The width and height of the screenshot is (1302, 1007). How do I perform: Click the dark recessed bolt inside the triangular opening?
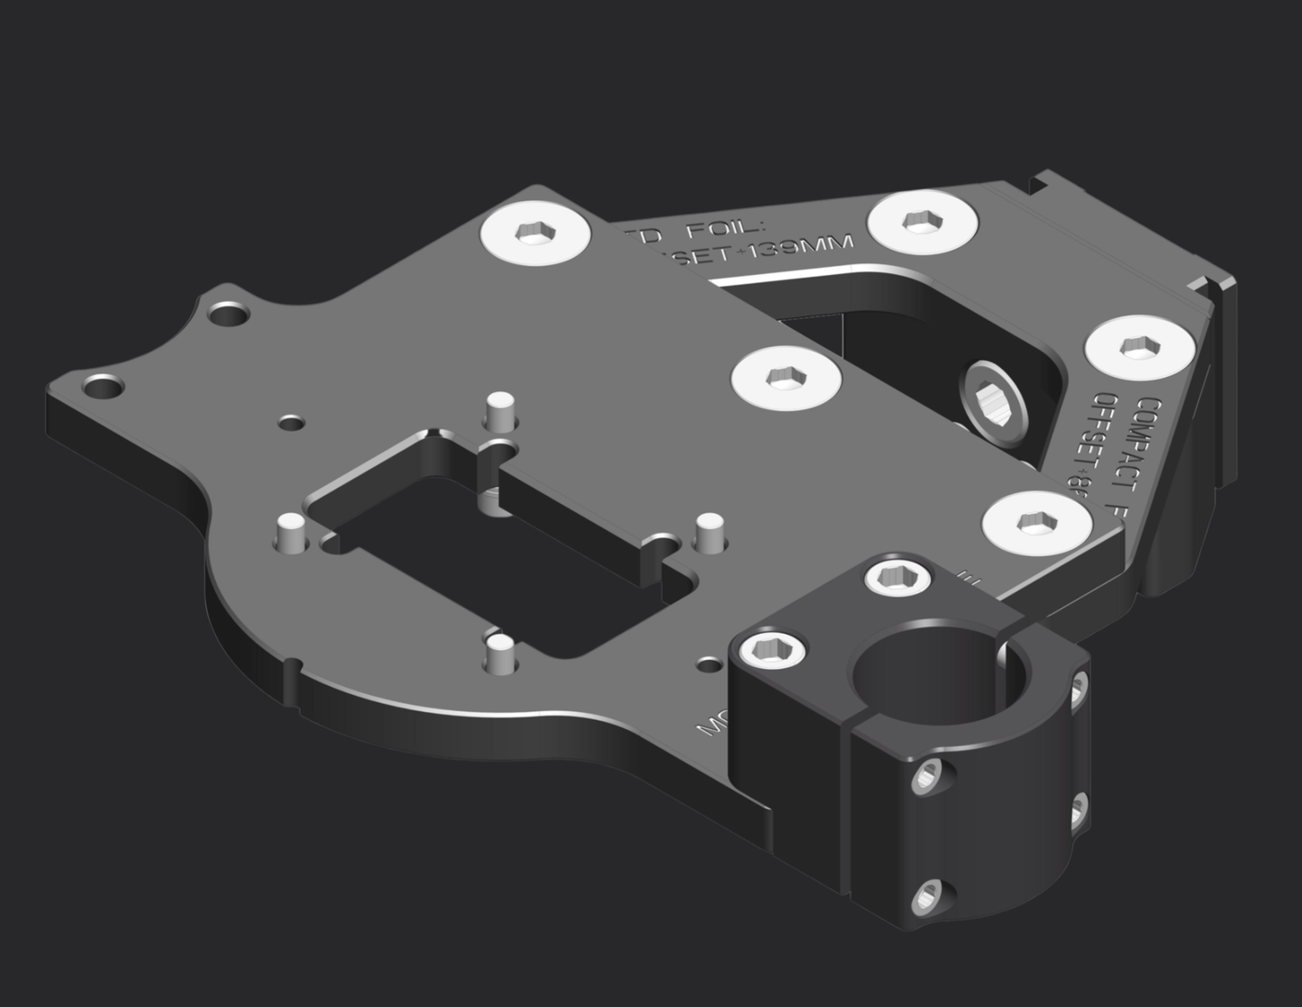[993, 396]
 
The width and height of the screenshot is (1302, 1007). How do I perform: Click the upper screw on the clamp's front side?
[926, 777]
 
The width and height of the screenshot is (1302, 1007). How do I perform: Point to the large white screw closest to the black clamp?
[1035, 522]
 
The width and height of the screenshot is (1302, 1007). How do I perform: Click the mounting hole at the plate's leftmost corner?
[104, 389]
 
